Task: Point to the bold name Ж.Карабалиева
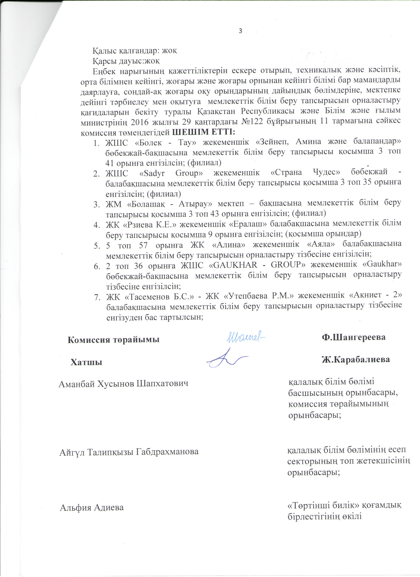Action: tap(356, 359)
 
